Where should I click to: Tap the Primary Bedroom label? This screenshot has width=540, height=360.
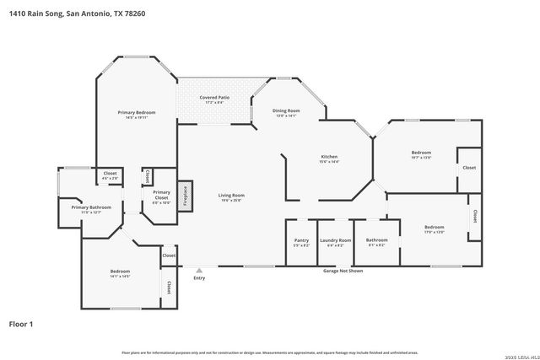point(136,112)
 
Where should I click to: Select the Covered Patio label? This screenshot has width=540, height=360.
point(214,98)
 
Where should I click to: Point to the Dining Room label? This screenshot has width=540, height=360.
point(286,110)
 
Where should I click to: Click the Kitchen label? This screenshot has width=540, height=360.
point(329,157)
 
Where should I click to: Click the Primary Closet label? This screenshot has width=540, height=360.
point(161,192)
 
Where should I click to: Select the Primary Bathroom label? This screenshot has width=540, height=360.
point(91,207)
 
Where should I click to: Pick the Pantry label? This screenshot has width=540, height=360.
point(301,239)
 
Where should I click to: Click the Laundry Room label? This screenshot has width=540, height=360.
point(335,239)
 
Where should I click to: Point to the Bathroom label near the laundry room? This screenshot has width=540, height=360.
point(376,239)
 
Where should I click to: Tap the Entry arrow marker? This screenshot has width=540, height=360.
point(199,271)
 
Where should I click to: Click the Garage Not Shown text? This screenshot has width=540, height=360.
point(343,271)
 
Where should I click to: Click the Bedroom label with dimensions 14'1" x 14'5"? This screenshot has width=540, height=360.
point(119,271)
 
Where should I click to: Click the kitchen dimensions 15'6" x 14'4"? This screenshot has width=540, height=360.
point(329,162)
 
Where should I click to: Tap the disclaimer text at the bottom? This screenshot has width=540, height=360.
point(270,352)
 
